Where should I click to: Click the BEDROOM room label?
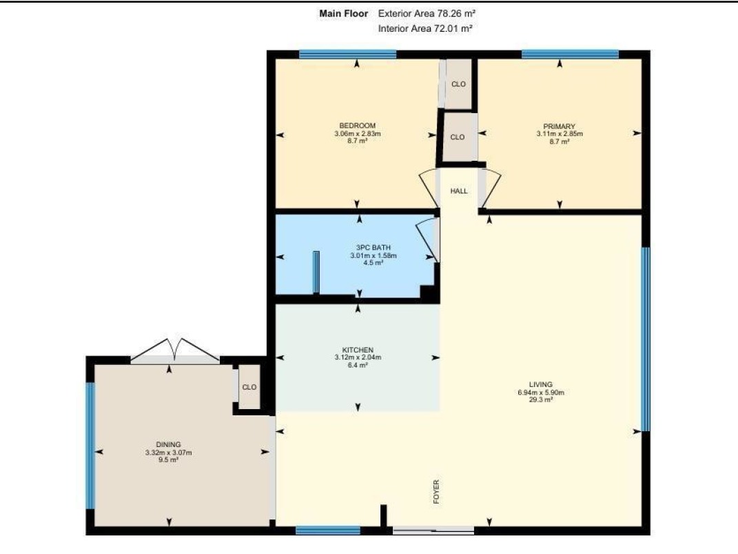coord(357,126)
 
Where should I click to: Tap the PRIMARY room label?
coord(559,126)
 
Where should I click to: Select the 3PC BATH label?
coord(373,248)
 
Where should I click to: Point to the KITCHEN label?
coord(358,350)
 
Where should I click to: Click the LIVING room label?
coord(541,384)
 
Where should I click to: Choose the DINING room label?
coord(169,445)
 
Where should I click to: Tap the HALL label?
coord(459,191)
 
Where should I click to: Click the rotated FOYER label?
coord(436,492)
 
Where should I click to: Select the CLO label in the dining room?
coord(249,387)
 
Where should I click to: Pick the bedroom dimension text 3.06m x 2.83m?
coord(357,133)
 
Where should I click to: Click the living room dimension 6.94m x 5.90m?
coord(541,392)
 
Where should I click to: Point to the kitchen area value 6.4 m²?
coord(358,365)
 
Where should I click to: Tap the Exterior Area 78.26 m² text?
coord(427,14)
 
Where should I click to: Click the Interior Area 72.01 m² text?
coord(425,28)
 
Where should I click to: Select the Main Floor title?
coord(344,14)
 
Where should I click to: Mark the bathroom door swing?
coord(428,240)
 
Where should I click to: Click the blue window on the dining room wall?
coord(90,446)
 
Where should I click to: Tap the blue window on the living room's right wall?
coord(646,339)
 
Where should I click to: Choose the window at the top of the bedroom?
coord(348,55)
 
